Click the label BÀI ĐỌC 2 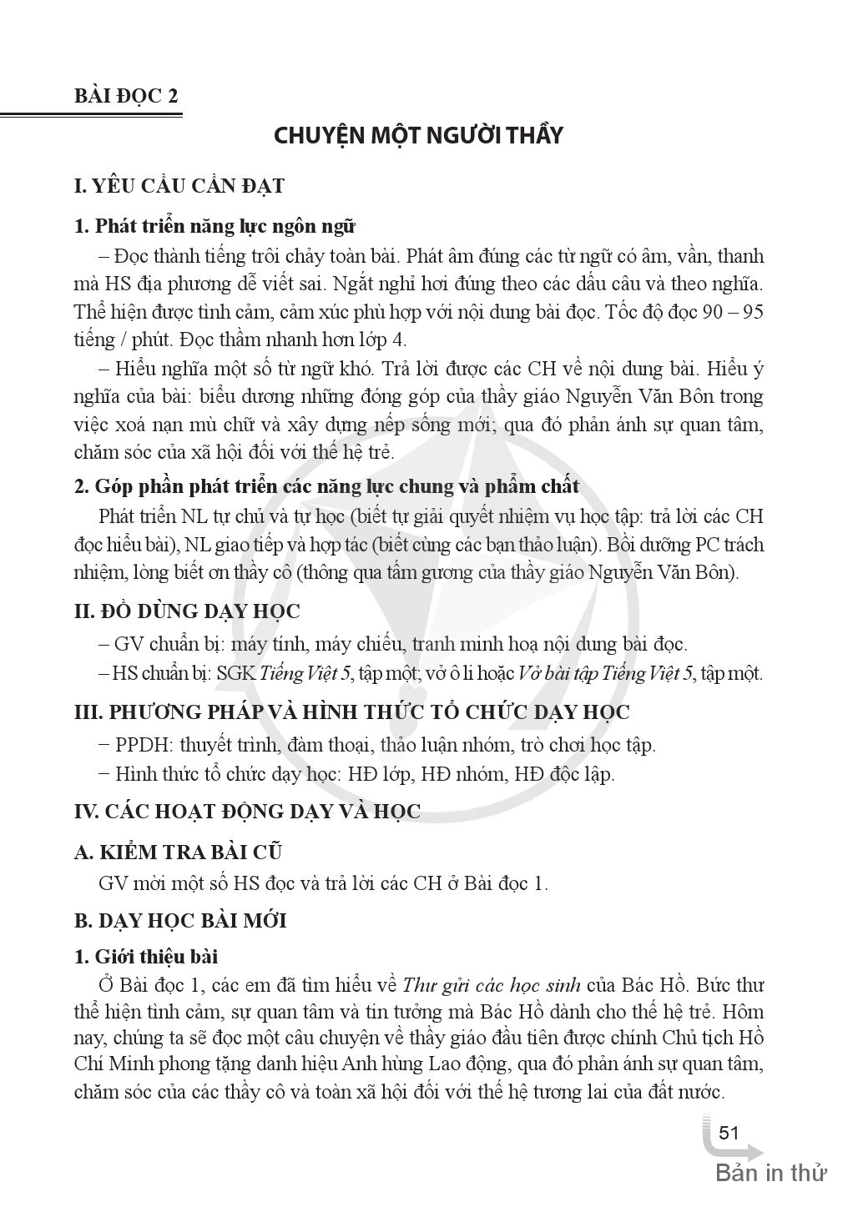coord(127,94)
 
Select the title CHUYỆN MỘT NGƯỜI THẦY coord(419,135)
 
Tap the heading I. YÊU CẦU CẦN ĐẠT coord(179,185)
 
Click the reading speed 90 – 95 coord(732,311)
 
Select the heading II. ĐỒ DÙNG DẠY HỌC coord(187,611)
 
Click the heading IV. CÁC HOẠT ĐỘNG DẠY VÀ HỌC coord(247,812)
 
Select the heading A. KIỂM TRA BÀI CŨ coord(178,852)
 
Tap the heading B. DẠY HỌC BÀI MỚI coord(180,921)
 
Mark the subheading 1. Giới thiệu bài coord(146,956)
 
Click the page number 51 coord(729,1133)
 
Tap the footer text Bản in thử coord(770,1174)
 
